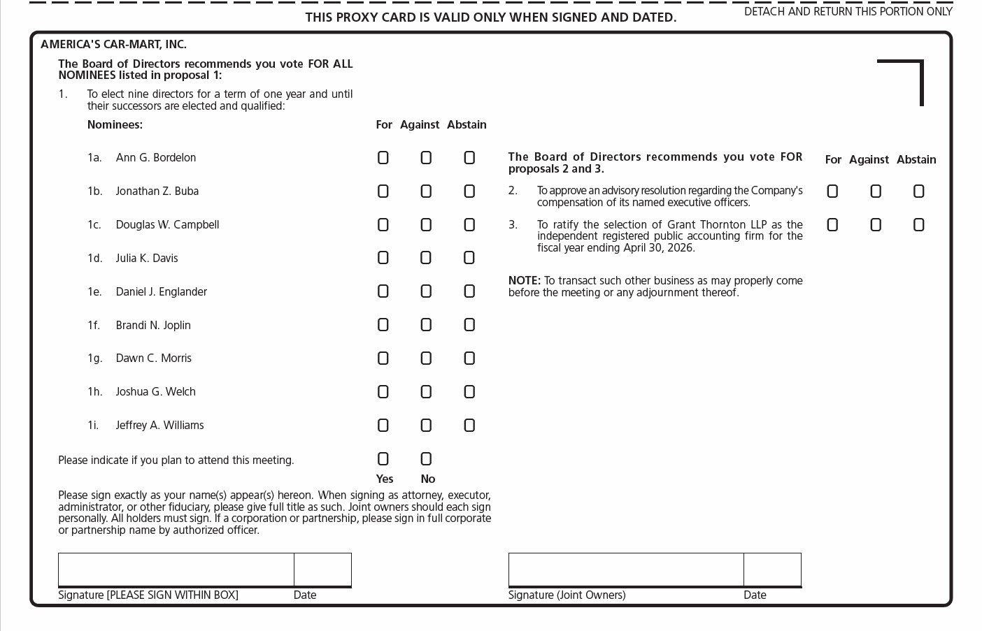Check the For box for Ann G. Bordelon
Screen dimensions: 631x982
coord(383,158)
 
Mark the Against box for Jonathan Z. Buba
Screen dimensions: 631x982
coord(426,191)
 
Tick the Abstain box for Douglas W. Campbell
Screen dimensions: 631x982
coord(469,225)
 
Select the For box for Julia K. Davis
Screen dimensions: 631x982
coord(383,258)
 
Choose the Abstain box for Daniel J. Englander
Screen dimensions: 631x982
coord(469,291)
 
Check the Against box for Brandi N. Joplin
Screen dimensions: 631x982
coord(426,325)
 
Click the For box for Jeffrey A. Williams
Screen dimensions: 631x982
coord(383,426)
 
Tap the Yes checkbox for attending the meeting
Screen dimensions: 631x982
coord(383,459)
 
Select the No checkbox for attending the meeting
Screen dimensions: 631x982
coord(426,459)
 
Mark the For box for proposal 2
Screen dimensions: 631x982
coord(832,191)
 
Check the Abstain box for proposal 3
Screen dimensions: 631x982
coord(918,225)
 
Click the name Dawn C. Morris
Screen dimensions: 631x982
coord(153,358)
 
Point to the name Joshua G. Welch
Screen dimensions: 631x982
coord(155,392)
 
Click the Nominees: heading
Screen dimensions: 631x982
coord(115,125)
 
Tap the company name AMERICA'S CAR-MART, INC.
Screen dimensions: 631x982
coord(113,45)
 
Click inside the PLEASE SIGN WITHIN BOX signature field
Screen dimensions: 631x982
coord(176,570)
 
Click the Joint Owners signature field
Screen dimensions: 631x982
coord(626,570)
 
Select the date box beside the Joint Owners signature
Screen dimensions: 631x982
coord(772,570)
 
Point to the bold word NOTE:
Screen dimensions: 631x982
coord(525,281)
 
